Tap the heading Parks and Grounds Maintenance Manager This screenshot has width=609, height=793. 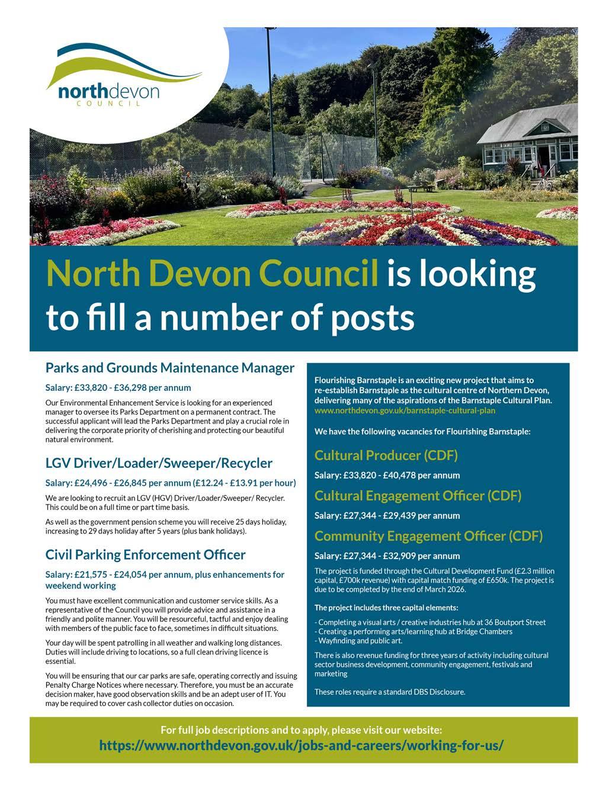170,368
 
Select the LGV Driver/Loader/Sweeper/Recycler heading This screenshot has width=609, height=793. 159,463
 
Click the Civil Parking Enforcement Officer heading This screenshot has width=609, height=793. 145,555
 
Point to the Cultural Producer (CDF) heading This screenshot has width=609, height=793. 386,455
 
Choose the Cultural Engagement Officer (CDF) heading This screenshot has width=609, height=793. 418,495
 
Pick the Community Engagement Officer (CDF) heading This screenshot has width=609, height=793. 428,536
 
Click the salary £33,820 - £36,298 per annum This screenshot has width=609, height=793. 118,388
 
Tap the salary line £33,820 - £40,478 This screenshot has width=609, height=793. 387,475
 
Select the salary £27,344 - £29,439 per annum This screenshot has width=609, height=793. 387,515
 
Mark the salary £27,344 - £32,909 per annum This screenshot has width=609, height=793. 387,556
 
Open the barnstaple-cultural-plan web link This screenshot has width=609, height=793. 405,410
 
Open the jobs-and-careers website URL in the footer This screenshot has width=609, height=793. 302,744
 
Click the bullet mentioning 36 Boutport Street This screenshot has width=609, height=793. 431,622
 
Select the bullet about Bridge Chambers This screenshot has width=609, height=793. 415,631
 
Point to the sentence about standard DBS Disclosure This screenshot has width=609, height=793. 390,692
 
